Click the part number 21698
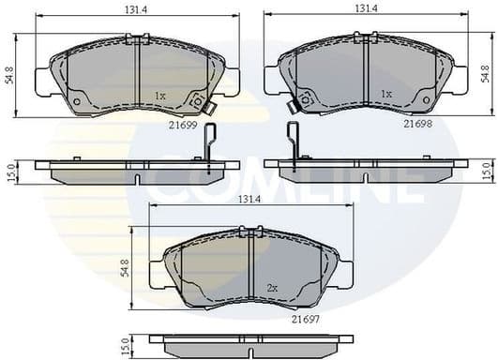click(417, 122)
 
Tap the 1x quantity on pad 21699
click(159, 96)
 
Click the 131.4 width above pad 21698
click(365, 7)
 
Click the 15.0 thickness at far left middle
click(11, 172)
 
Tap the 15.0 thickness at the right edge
click(486, 170)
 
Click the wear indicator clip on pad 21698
click(294, 106)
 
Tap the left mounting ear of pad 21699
click(43, 82)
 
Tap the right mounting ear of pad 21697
click(345, 274)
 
